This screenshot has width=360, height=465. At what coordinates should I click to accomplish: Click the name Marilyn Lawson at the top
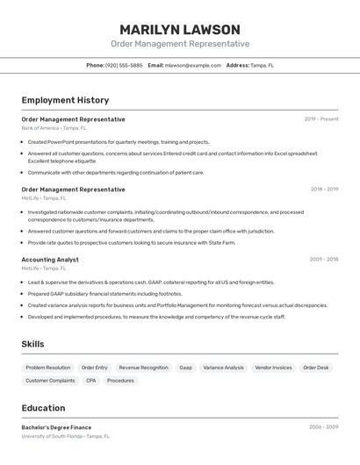pyautogui.click(x=180, y=29)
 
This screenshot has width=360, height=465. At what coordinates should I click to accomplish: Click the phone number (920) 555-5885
pyautogui.click(x=124, y=65)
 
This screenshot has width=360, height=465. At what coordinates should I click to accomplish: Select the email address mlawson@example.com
pyautogui.click(x=193, y=65)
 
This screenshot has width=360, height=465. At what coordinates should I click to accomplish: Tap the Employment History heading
pyautogui.click(x=65, y=100)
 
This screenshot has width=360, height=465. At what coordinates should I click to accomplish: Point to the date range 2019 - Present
pyautogui.click(x=321, y=118)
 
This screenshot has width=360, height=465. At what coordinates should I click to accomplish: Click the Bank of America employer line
pyautogui.click(x=54, y=127)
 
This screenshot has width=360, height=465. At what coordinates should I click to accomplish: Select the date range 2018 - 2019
pyautogui.click(x=324, y=189)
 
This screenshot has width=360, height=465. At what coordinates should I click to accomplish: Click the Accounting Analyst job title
pyautogui.click(x=50, y=260)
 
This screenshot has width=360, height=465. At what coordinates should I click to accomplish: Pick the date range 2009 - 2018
pyautogui.click(x=324, y=260)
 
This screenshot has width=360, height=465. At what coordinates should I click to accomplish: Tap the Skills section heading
pyautogui.click(x=32, y=344)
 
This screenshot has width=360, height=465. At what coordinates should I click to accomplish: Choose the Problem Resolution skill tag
pyautogui.click(x=48, y=368)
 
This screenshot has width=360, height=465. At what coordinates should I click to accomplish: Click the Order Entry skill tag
pyautogui.click(x=95, y=368)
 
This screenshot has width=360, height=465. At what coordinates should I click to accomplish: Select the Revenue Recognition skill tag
pyautogui.click(x=143, y=368)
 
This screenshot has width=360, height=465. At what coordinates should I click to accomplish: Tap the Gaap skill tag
pyautogui.click(x=185, y=368)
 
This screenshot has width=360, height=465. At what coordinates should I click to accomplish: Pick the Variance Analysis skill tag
pyautogui.click(x=224, y=368)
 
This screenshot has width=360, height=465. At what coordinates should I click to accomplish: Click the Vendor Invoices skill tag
pyautogui.click(x=273, y=368)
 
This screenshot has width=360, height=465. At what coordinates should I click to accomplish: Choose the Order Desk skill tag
pyautogui.click(x=316, y=368)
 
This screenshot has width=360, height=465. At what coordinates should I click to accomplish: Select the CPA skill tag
pyautogui.click(x=91, y=381)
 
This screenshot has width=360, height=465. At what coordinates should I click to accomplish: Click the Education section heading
pyautogui.click(x=43, y=408)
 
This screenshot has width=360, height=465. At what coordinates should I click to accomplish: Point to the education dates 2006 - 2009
pyautogui.click(x=323, y=427)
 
